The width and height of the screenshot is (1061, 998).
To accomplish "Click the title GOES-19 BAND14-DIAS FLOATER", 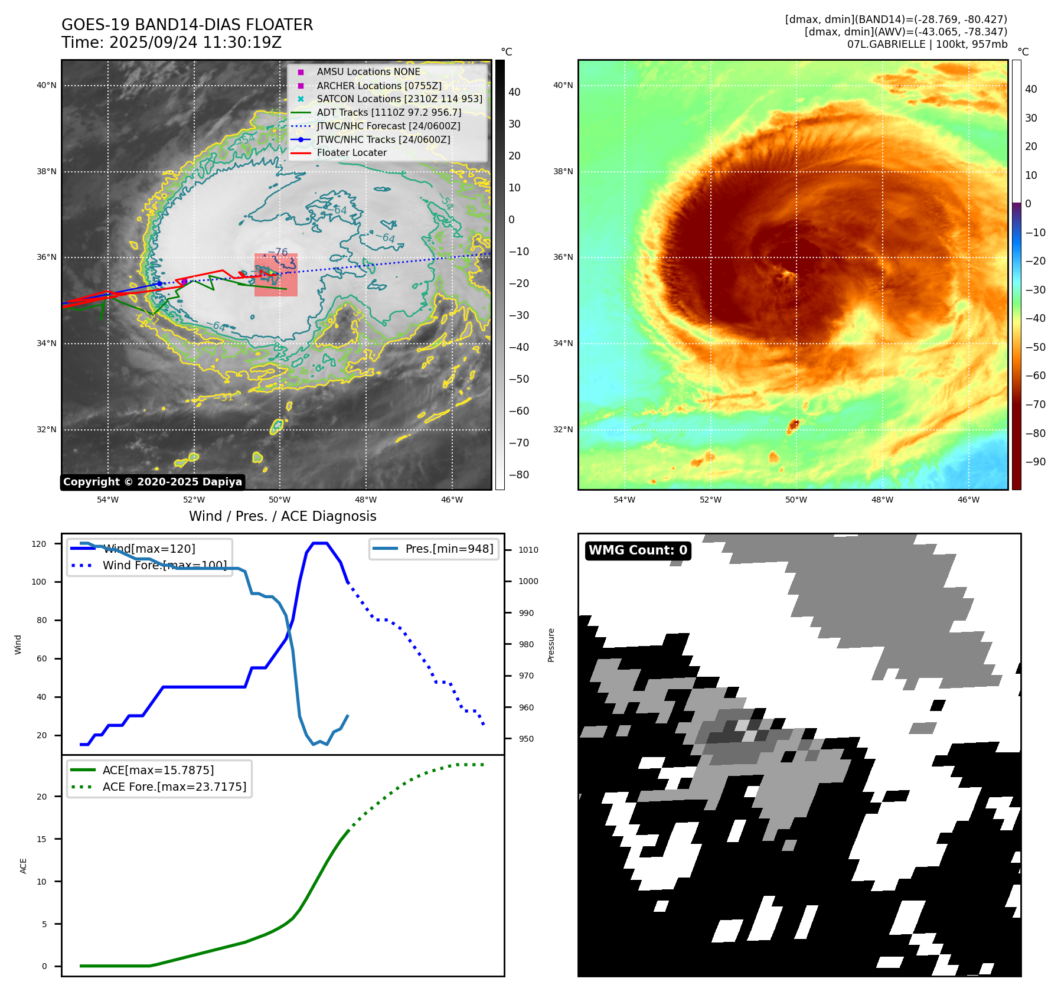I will click(x=187, y=25).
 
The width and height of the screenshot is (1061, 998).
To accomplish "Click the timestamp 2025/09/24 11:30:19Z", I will click(x=195, y=43).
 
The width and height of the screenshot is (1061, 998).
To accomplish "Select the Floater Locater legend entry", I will click(x=351, y=153).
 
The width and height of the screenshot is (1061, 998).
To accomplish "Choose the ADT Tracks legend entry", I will click(x=389, y=112).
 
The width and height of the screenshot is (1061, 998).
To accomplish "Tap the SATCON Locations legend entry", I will click(x=399, y=99).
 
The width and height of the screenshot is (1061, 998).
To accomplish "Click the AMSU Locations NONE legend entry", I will click(x=368, y=72).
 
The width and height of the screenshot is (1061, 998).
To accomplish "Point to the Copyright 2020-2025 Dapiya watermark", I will click(x=152, y=482).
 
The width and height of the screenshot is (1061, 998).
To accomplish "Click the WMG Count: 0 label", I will click(x=638, y=550).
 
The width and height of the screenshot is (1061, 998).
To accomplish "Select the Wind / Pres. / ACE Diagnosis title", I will click(x=282, y=516).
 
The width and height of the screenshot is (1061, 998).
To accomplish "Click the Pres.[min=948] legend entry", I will click(x=449, y=549).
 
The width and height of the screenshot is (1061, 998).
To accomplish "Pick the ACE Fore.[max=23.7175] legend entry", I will click(x=174, y=787).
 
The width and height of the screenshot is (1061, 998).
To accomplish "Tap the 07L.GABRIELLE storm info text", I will click(x=927, y=44).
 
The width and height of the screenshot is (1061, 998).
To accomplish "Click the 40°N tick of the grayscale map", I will click(x=47, y=86).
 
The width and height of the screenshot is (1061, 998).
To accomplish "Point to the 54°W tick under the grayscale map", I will click(x=107, y=500).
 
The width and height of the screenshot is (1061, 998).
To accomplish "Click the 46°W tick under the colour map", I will click(x=968, y=500).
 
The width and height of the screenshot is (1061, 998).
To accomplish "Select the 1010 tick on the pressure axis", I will click(x=528, y=550).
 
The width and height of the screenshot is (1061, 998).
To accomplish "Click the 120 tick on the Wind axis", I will click(x=39, y=544).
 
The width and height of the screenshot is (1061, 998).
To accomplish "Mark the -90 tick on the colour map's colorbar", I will click(x=1035, y=462).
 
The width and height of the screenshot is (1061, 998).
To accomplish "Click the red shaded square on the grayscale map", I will click(x=276, y=275).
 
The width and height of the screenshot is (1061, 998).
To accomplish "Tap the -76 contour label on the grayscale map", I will click(x=278, y=252).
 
